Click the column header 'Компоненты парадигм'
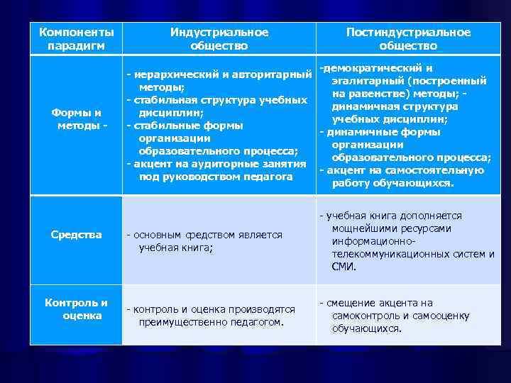(x=76, y=39)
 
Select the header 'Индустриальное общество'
(x=219, y=39)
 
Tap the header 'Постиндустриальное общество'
(x=408, y=39)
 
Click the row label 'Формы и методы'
(x=77, y=119)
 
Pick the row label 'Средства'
(x=77, y=235)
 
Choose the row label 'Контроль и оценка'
(x=77, y=309)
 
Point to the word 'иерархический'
(x=168, y=74)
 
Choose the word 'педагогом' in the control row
(x=257, y=322)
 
